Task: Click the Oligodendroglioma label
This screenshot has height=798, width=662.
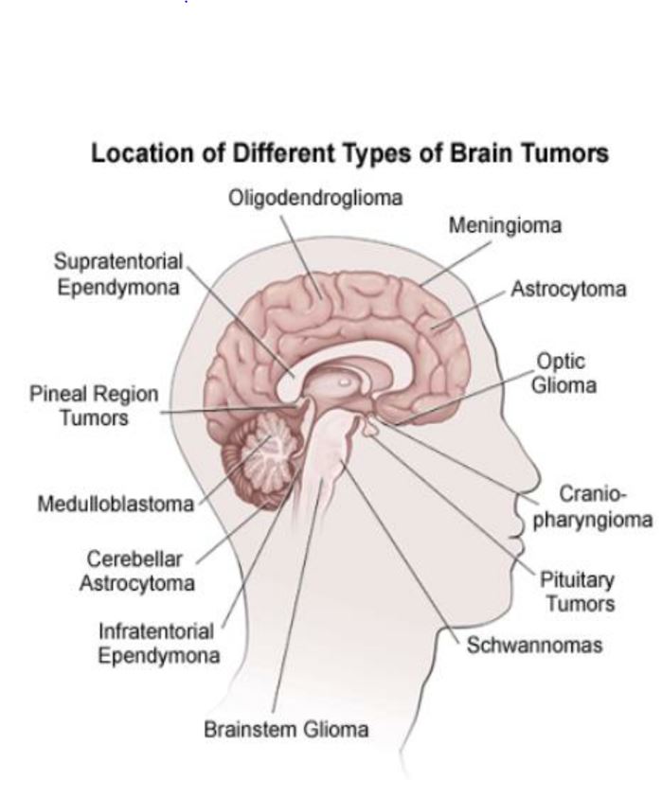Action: coord(315,198)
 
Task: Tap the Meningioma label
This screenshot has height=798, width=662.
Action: coord(504,226)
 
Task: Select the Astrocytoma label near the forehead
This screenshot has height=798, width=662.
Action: coord(568,289)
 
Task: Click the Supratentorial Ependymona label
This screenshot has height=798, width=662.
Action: coord(117,275)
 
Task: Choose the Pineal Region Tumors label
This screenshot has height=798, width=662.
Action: coord(94,405)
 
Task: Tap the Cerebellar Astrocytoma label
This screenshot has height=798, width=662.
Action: coord(136,571)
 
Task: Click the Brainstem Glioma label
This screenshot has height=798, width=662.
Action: coord(286,730)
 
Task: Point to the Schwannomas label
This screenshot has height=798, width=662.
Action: coord(534,646)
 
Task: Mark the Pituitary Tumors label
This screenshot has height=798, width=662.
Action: coord(577,592)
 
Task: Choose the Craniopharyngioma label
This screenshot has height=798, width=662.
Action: coord(593,507)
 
